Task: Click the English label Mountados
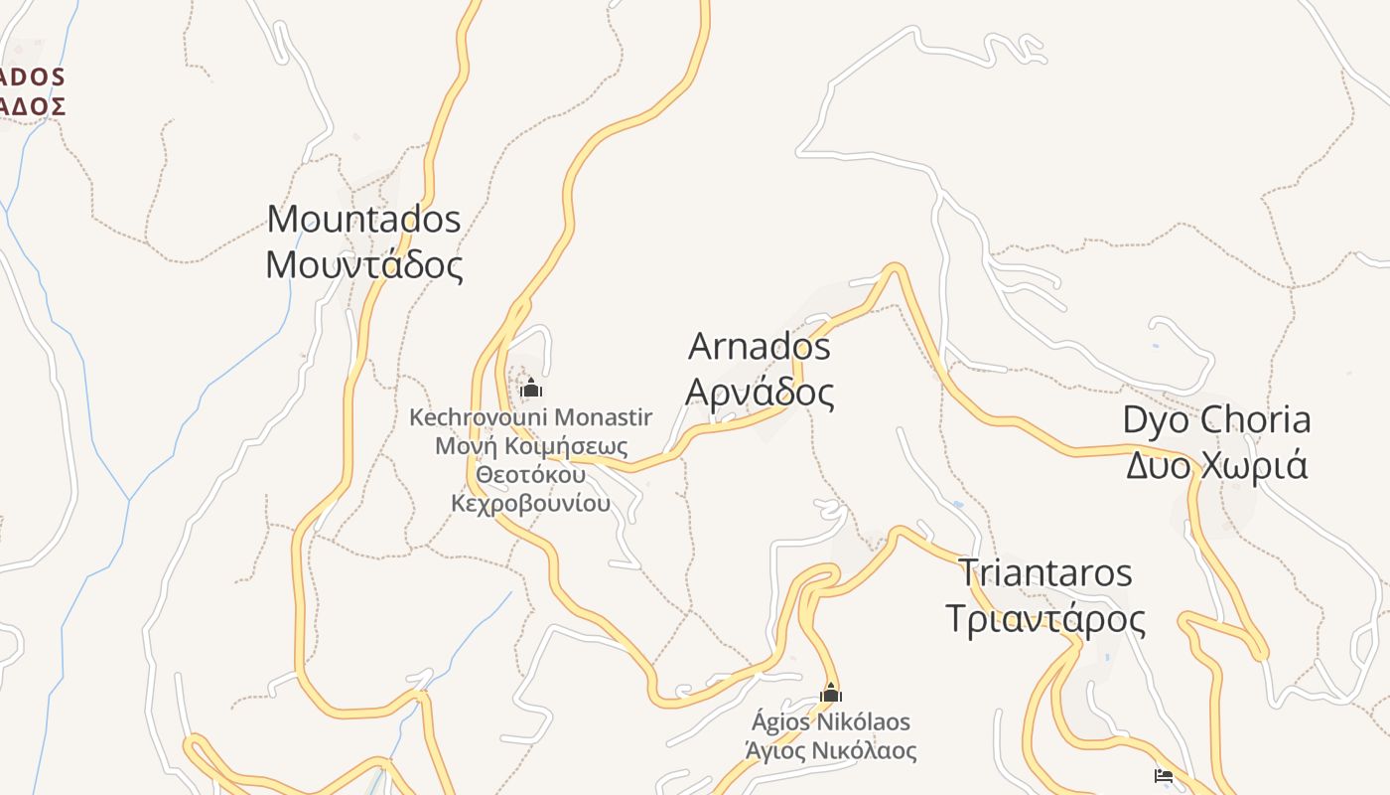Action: (x=364, y=219)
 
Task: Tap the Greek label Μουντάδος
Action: (x=364, y=265)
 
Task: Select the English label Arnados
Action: (x=760, y=347)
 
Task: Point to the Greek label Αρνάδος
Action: (x=760, y=394)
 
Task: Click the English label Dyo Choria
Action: (x=1216, y=419)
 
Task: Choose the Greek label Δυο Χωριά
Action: (x=1216, y=465)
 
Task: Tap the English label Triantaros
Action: (x=1044, y=572)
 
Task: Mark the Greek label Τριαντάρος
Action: (x=1044, y=619)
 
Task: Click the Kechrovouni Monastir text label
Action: (x=530, y=416)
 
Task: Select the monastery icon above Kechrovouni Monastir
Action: (x=531, y=387)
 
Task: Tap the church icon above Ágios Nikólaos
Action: (x=831, y=692)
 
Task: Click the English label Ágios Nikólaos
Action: (x=831, y=721)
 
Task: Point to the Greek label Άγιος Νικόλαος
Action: (x=831, y=750)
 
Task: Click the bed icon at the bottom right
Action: (x=1164, y=775)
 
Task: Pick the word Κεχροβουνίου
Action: (x=530, y=504)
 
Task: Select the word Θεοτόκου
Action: (x=530, y=475)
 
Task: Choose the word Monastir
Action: (x=604, y=416)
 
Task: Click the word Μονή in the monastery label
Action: (x=459, y=446)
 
